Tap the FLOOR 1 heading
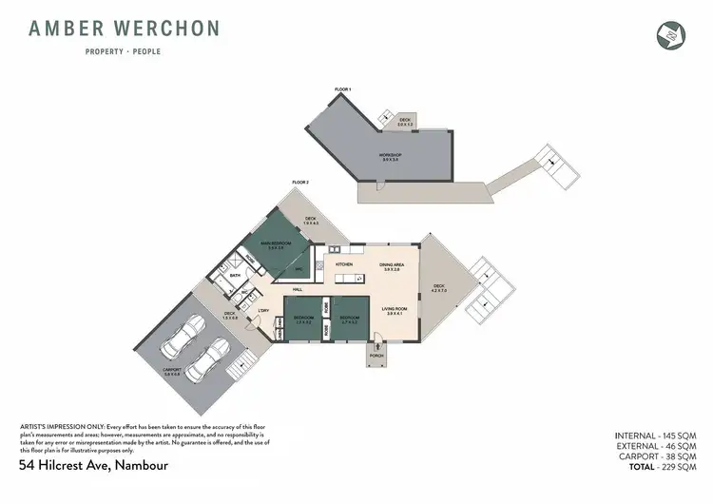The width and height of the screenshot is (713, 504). pyautogui.click(x=342, y=89)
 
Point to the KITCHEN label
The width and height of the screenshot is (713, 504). pyautogui.click(x=344, y=264)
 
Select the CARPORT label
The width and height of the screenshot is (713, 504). pyautogui.click(x=172, y=369)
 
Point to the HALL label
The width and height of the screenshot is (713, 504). pyautogui.click(x=298, y=288)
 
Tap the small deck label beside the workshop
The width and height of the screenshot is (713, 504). pyautogui.click(x=404, y=122)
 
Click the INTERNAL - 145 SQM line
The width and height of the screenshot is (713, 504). pyautogui.click(x=655, y=435)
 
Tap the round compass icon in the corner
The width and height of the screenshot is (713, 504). pyautogui.click(x=670, y=33)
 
